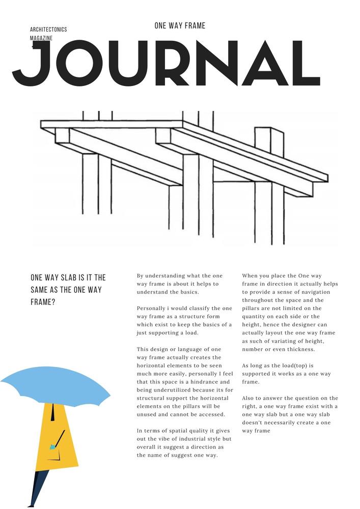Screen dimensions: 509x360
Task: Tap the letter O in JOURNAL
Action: [79, 64]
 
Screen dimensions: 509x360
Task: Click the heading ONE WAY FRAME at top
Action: [180, 25]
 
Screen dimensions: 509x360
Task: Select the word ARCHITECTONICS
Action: [48, 30]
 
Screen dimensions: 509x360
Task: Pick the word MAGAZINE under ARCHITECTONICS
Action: [41, 38]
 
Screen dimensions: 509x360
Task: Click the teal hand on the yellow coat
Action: [52, 447]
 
